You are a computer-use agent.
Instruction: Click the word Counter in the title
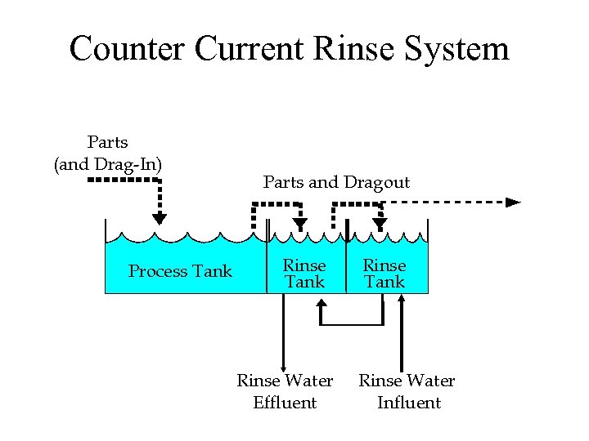tap(127, 48)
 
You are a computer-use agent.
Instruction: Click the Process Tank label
tap(180, 271)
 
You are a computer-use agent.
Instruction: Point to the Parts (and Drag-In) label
tap(108, 154)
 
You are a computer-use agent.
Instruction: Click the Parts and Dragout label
tap(336, 182)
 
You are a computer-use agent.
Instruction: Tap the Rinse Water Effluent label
tap(285, 391)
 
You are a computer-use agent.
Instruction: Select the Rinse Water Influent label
tap(407, 391)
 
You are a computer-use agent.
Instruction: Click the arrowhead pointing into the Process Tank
tap(160, 218)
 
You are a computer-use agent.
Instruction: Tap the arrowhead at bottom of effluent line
tap(283, 368)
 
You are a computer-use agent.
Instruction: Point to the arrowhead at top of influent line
tap(402, 300)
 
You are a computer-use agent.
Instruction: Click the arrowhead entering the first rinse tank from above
tap(300, 224)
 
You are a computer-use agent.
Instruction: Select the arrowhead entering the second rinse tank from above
tap(380, 224)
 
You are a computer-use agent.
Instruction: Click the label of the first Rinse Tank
tap(304, 274)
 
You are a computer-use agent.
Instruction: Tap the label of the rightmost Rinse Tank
tap(384, 274)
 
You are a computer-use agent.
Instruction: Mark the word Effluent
tap(285, 403)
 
